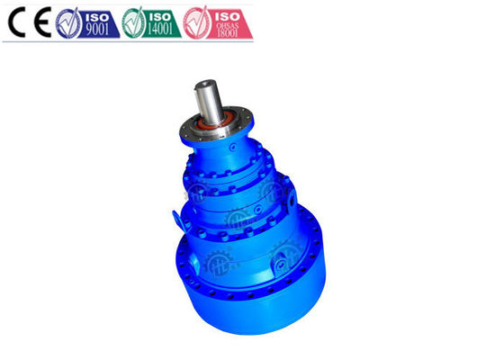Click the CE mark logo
point(27,22)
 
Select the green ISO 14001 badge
point(150,22)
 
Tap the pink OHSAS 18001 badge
point(217,22)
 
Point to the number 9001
point(96,30)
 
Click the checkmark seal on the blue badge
point(67,22)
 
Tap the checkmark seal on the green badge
point(132,22)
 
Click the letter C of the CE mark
point(16,22)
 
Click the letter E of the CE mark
point(38,22)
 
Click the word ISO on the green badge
point(163,15)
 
